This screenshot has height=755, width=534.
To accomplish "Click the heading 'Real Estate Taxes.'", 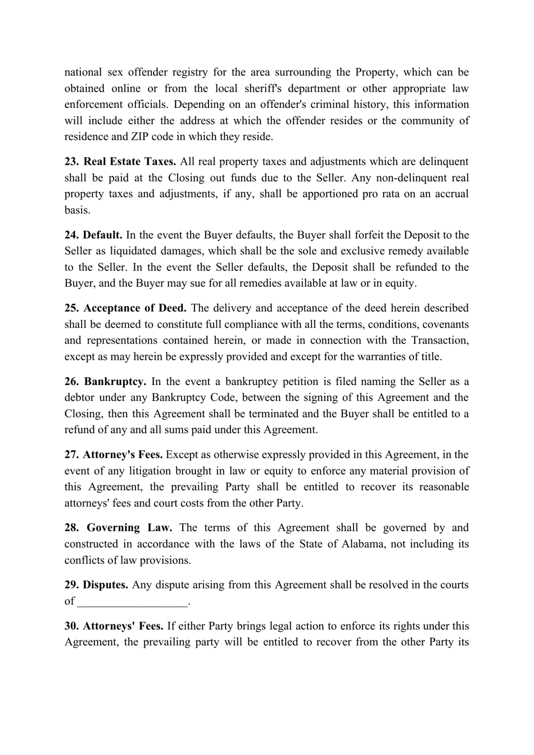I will tap(130, 162).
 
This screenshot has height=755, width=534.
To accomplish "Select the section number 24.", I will tap(71, 235).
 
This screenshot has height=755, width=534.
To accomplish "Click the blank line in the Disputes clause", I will tap(132, 602).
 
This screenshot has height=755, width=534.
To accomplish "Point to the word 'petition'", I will tap(302, 382).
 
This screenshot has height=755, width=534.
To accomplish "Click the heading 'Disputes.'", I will tap(106, 585).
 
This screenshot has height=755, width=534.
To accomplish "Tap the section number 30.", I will tap(71, 626).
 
